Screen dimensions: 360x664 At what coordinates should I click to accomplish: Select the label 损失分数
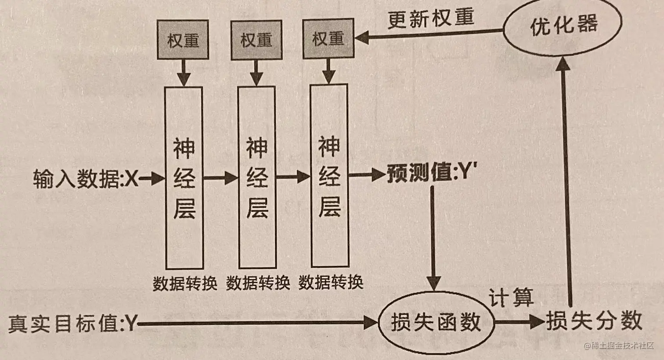click(x=594, y=321)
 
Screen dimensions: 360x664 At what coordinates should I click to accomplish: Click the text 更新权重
click(x=430, y=19)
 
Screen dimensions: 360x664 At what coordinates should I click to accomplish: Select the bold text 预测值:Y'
click(x=432, y=173)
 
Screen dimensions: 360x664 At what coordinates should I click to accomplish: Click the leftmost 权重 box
click(x=183, y=41)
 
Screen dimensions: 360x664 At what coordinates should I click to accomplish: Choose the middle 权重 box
click(x=256, y=40)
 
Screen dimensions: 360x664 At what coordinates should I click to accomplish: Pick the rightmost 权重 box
click(x=328, y=39)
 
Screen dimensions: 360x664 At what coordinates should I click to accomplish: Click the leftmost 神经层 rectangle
click(x=184, y=178)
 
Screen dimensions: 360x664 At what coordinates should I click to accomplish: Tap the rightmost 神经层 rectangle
click(x=329, y=176)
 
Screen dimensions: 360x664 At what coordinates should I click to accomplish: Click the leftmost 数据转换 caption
click(x=185, y=284)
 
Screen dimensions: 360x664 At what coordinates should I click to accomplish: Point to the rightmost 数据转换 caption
click(x=331, y=282)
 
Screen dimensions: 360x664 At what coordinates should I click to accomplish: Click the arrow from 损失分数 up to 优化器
click(x=567, y=184)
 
